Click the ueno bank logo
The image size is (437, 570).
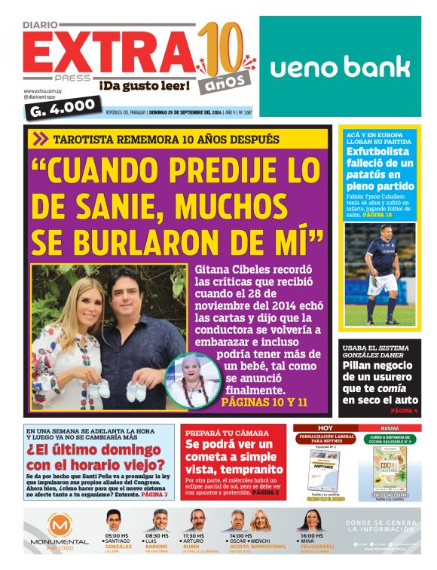[340, 67]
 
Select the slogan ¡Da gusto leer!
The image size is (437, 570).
[145, 86]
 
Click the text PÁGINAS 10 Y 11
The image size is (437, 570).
[264, 403]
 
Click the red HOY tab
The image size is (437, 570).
[325, 427]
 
